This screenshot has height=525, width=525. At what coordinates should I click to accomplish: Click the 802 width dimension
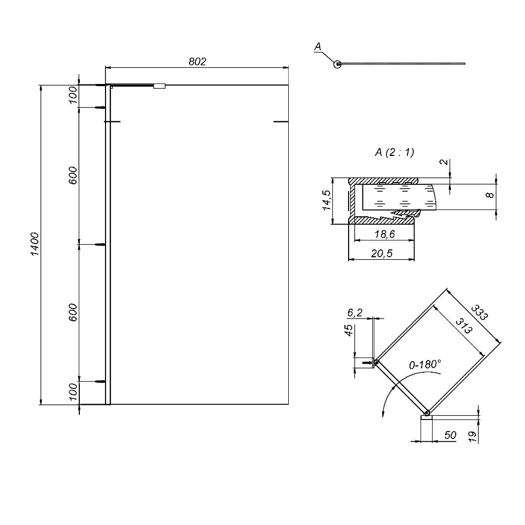[197, 61]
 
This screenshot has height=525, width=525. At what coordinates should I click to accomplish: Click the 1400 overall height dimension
[35, 244]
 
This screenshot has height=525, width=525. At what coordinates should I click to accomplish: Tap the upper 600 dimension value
[72, 175]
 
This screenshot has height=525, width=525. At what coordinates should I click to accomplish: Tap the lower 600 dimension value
[72, 312]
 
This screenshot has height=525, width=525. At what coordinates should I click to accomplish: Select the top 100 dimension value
[72, 94]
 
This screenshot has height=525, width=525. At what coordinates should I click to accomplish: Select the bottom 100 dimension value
[72, 392]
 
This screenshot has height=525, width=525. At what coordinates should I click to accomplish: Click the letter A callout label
[318, 47]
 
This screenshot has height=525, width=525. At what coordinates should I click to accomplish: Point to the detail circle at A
[338, 64]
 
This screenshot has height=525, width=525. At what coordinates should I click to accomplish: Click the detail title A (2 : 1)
[394, 152]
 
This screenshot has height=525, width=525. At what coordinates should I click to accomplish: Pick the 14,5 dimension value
[327, 200]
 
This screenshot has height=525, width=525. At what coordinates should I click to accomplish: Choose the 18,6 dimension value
[385, 234]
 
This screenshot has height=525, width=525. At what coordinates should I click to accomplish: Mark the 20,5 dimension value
[382, 254]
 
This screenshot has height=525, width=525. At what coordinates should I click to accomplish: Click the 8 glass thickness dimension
[490, 195]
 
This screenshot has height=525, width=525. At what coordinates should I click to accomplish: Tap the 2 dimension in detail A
[444, 162]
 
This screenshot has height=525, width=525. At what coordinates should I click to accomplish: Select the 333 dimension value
[479, 312]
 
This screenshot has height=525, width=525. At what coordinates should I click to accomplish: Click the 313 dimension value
[464, 326]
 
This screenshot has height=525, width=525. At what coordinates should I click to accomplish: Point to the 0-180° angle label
[425, 364]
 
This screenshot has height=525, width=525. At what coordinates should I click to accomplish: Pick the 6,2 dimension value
[355, 312]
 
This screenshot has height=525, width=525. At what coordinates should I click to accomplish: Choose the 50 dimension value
[450, 435]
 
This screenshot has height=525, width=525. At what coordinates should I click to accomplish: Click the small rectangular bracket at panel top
[160, 86]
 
